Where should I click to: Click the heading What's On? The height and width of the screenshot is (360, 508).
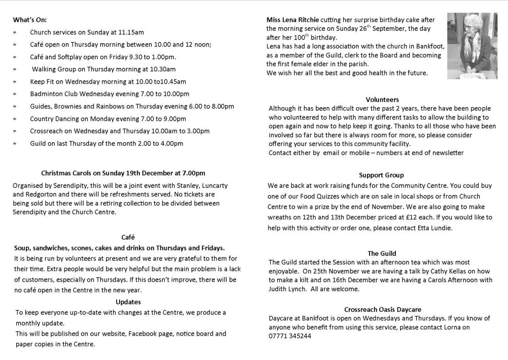(30, 20)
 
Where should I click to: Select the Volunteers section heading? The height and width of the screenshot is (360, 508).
(382, 100)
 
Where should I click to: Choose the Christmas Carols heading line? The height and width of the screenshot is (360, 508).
(123, 173)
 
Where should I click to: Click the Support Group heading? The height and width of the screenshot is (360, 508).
(381, 175)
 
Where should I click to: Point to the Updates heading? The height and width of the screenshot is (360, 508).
(128, 301)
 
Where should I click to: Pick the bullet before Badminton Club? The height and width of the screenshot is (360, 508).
(15, 94)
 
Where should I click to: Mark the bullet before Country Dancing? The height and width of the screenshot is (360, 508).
(15, 119)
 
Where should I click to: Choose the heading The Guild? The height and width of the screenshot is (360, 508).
(382, 253)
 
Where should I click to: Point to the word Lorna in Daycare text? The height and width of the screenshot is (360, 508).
(452, 327)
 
